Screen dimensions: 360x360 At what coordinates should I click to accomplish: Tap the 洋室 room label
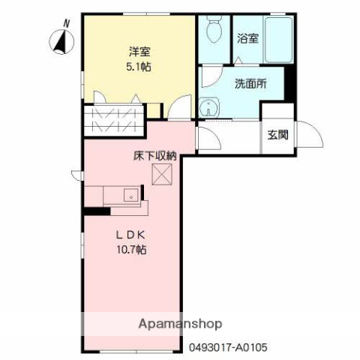pos(138,52)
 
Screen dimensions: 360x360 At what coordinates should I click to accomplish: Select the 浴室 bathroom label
pos(248,37)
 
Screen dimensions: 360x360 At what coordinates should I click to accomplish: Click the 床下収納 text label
pos(155,156)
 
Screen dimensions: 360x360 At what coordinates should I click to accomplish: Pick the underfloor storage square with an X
pos(162,175)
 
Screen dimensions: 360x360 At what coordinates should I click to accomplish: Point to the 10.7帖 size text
pos(130,249)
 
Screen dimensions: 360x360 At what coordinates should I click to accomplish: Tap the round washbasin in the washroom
pos(208,106)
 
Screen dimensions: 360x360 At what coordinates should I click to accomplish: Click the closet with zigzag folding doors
pos(114,120)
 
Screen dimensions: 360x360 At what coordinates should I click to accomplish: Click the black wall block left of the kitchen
pos(97,211)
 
